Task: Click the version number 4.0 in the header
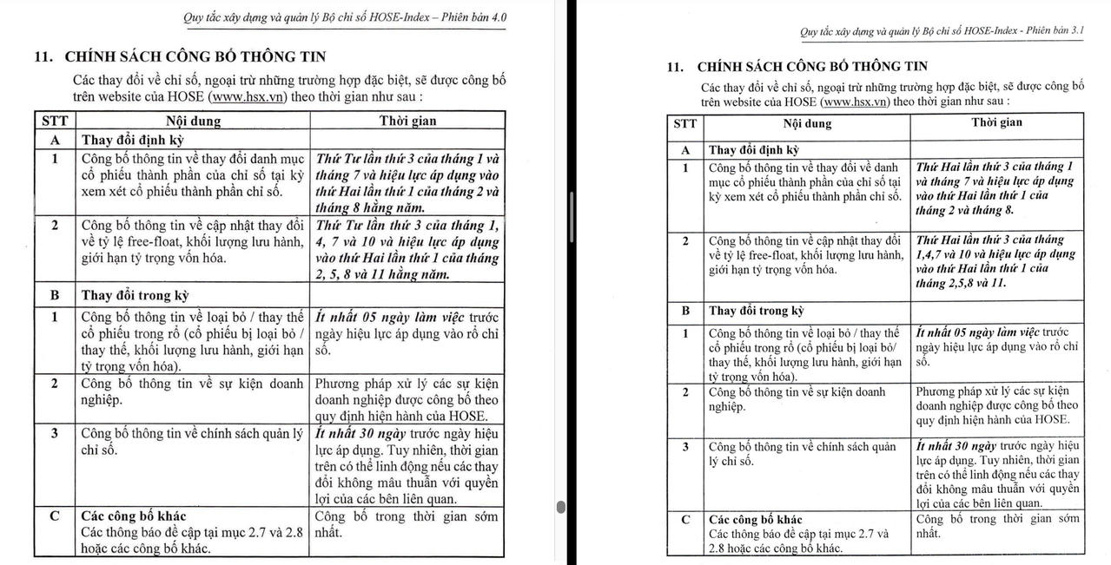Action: pos(497,17)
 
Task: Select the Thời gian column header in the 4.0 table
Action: pos(407,122)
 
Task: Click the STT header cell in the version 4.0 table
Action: pos(54,122)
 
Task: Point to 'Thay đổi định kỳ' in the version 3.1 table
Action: pos(754,150)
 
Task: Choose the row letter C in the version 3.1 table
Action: pos(685,520)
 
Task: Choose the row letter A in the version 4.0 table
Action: pos(54,140)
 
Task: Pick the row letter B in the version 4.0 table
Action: pos(54,295)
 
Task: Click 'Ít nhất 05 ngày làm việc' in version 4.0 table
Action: pos(391,317)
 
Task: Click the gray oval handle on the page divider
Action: pos(560,507)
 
